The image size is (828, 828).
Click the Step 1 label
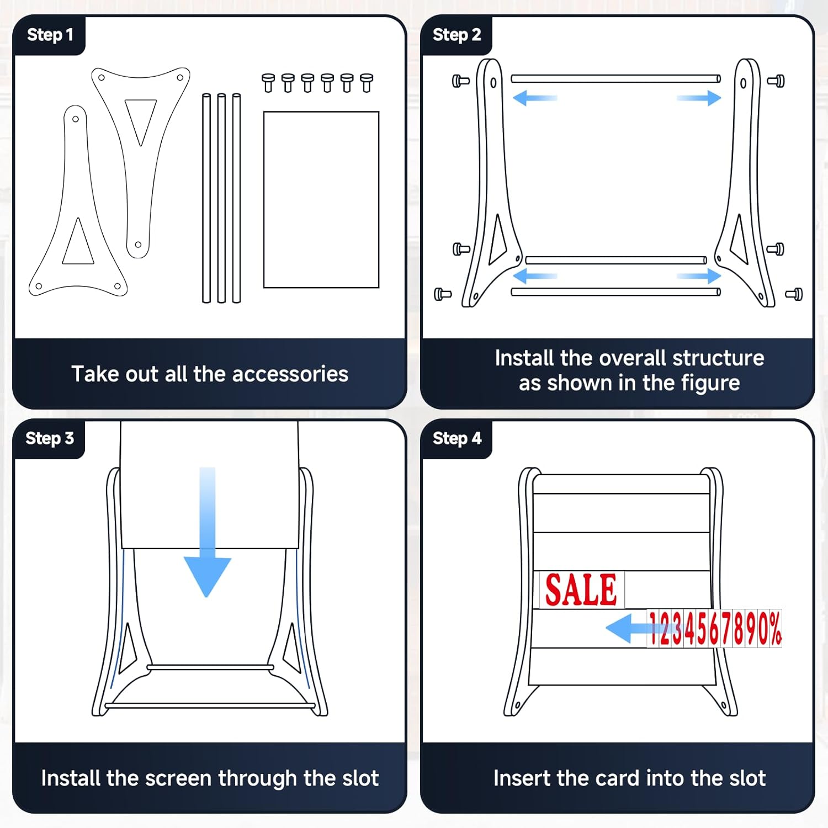(50, 35)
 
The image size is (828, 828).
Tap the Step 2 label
(457, 35)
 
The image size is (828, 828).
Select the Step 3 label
(50, 438)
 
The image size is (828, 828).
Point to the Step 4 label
(457, 438)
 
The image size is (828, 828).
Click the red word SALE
(581, 590)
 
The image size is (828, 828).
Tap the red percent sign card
(775, 628)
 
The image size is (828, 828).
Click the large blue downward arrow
(207, 532)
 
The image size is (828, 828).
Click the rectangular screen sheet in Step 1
(321, 200)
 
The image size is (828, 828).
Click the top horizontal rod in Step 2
(615, 79)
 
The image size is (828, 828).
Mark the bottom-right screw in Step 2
(794, 294)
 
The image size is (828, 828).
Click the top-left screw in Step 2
(461, 81)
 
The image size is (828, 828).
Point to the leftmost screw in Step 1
(268, 83)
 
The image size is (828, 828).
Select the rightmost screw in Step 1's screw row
(367, 83)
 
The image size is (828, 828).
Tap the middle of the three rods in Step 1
(221, 198)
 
